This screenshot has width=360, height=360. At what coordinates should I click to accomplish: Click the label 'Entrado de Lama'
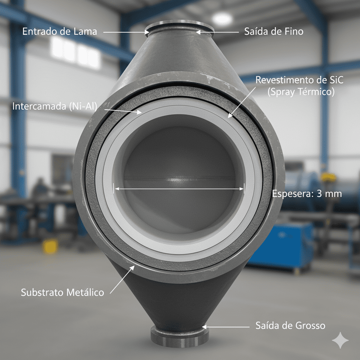pyautogui.click(x=59, y=31)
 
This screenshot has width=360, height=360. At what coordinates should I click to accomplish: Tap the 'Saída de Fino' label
pyautogui.click(x=274, y=32)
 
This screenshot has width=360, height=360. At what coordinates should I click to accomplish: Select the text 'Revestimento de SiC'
pyautogui.click(x=299, y=80)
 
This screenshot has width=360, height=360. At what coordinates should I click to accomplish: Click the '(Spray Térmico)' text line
pyautogui.click(x=301, y=92)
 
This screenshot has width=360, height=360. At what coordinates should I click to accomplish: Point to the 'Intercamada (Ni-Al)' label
pyautogui.click(x=54, y=106)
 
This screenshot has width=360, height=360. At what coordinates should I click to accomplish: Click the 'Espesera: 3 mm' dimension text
pyautogui.click(x=307, y=193)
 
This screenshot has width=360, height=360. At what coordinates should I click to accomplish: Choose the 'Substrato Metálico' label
pyautogui.click(x=63, y=292)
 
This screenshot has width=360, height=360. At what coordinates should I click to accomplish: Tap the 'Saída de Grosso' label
pyautogui.click(x=290, y=326)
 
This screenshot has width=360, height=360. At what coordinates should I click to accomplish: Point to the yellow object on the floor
pyautogui.click(x=51, y=246)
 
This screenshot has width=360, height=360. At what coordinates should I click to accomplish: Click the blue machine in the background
pyautogui.click(x=285, y=246)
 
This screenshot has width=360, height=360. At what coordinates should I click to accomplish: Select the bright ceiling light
pyautogui.click(x=222, y=19)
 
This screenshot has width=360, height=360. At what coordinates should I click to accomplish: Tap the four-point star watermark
pyautogui.click(x=340, y=340)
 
